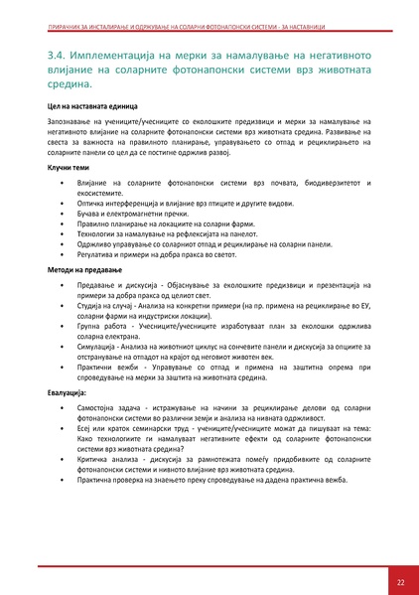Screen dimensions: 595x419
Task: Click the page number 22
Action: [399, 581]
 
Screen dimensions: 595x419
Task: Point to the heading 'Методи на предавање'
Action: [84, 270]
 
